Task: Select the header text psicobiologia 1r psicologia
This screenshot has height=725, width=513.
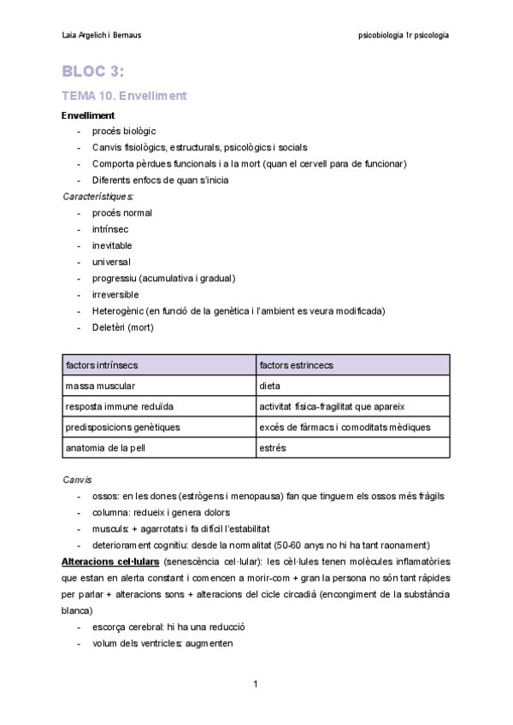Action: (x=404, y=35)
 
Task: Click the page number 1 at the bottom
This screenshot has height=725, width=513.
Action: (x=256, y=684)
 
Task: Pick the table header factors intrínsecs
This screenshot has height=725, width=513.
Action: (x=102, y=365)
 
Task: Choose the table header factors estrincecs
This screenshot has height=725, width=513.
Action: (x=296, y=365)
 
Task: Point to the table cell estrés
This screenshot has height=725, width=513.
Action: (x=273, y=447)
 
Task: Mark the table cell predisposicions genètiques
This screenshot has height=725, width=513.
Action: (x=122, y=427)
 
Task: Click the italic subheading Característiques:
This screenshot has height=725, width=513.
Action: (x=97, y=196)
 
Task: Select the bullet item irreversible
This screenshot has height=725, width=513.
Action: (x=115, y=294)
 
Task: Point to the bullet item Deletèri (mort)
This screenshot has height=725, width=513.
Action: (x=122, y=327)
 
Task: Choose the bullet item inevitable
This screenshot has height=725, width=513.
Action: (x=112, y=245)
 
